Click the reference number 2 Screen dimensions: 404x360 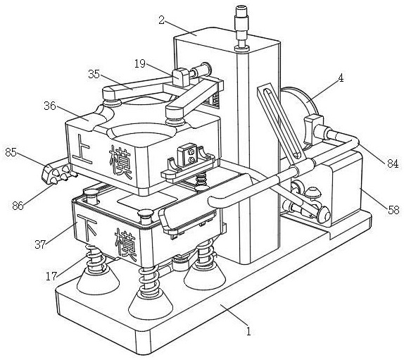click(x=162, y=20)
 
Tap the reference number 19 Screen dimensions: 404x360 click(x=141, y=63)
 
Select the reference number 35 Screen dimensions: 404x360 click(x=94, y=74)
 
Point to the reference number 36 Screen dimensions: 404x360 click(x=50, y=106)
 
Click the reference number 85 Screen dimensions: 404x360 click(x=11, y=152)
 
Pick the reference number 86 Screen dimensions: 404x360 click(x=18, y=206)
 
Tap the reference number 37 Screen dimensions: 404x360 click(x=40, y=244)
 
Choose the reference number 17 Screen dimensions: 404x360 click(x=51, y=276)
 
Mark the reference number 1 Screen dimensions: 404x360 click(x=248, y=331)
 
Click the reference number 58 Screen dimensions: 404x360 click(x=393, y=210)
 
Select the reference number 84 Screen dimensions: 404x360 click(x=393, y=163)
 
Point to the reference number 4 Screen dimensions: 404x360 click(x=341, y=77)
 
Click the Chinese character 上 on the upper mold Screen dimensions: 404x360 click(x=82, y=149)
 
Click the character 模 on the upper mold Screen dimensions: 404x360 click(x=120, y=163)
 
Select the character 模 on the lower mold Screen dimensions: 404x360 click(x=126, y=244)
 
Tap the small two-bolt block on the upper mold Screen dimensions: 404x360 click(x=189, y=154)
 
